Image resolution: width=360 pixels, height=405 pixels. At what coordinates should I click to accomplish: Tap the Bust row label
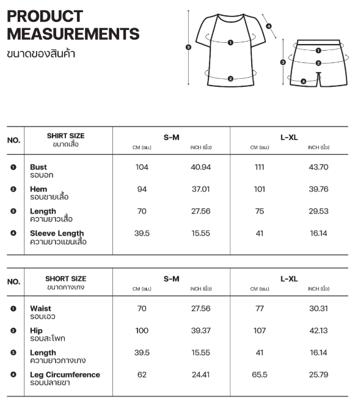point(39,167)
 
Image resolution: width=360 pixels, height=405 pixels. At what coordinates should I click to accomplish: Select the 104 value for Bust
point(142,167)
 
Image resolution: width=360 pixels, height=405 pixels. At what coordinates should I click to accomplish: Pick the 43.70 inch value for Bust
point(318,167)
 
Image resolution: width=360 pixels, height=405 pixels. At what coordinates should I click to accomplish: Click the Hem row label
point(39,190)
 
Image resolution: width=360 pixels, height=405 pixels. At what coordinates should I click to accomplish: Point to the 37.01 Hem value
point(201,190)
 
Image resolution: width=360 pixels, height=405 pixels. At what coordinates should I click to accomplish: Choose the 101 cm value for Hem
point(259,190)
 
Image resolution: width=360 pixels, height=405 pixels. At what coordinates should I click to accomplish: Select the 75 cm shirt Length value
point(259,212)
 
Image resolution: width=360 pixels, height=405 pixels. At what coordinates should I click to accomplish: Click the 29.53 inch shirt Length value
point(318,212)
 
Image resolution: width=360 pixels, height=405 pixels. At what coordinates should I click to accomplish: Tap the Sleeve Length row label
point(57,233)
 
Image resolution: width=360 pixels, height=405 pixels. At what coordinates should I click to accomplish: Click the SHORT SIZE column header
point(65,279)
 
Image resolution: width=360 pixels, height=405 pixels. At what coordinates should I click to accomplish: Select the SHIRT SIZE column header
point(65,136)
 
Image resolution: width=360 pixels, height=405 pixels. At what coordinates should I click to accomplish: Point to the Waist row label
point(40,308)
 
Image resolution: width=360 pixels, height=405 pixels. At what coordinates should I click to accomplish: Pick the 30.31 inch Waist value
point(318,308)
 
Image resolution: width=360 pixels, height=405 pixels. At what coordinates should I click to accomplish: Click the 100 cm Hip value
point(142,330)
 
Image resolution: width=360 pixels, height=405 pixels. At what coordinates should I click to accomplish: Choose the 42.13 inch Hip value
point(318,330)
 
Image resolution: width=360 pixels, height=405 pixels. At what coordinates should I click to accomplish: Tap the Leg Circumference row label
point(65,374)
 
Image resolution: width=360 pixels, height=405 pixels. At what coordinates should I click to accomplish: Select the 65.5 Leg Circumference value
point(259,374)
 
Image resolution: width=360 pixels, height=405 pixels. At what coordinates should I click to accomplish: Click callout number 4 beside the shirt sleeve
point(269,26)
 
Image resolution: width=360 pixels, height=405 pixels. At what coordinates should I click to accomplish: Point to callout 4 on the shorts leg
point(304,81)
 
